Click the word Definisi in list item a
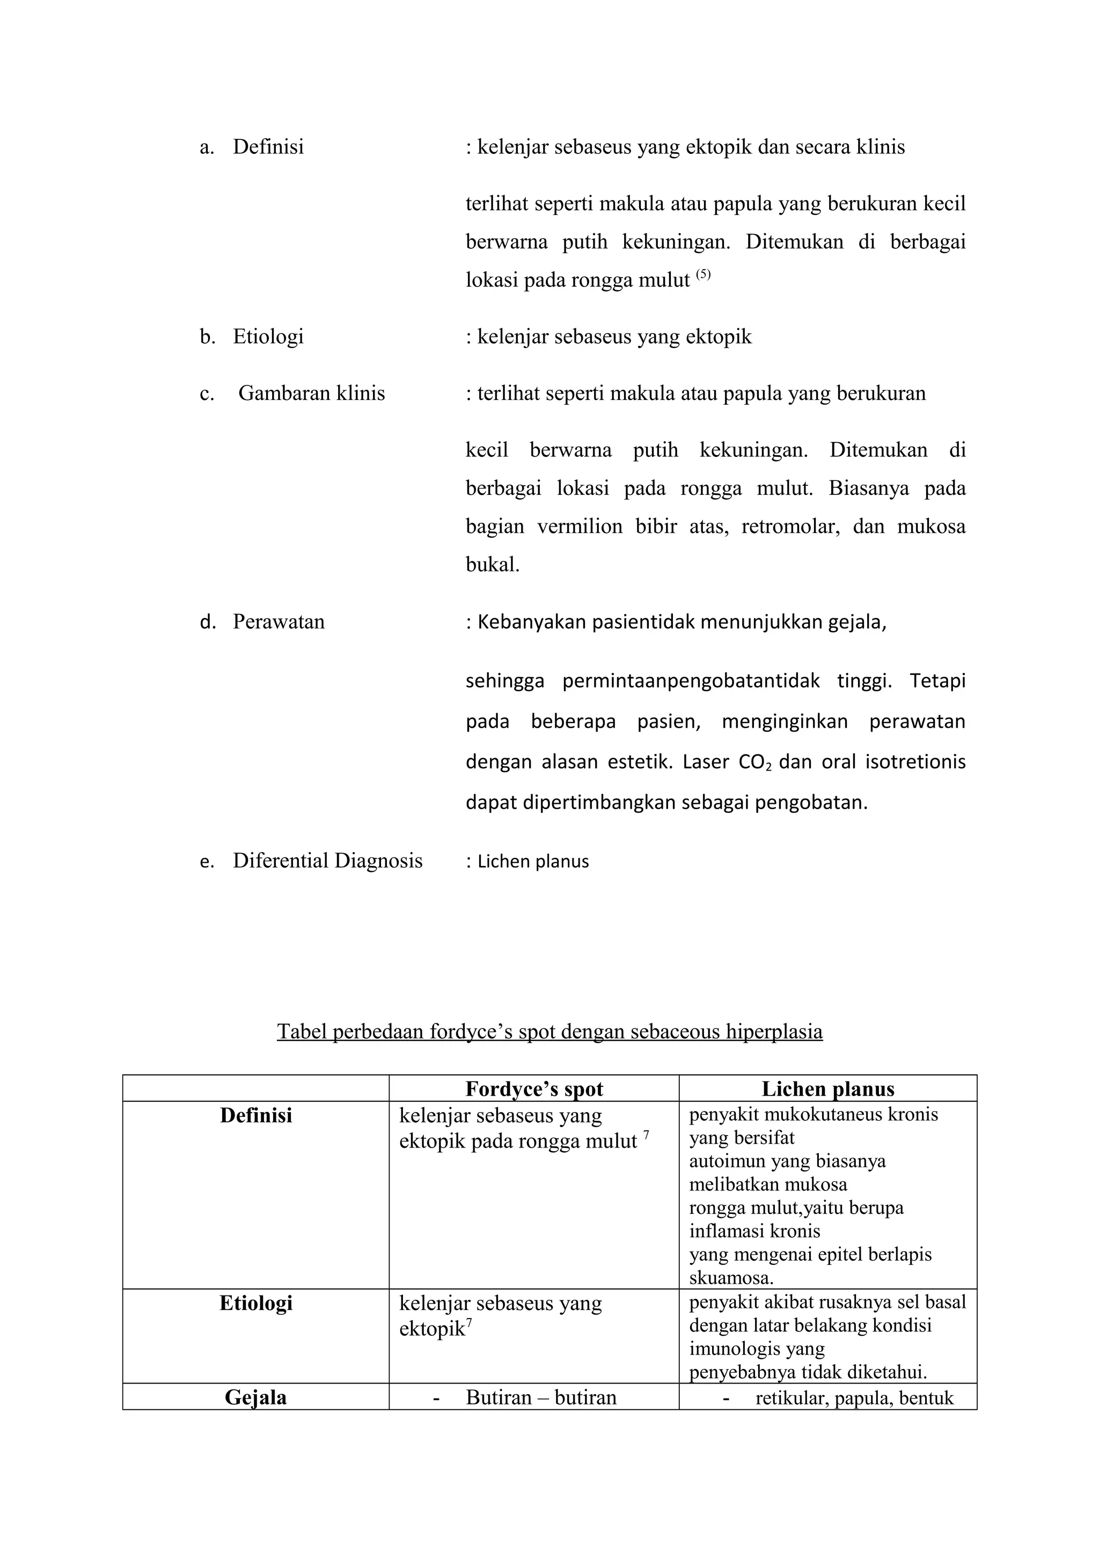[268, 147]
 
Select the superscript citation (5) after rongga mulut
[704, 274]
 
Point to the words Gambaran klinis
[311, 393]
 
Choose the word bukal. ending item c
[492, 565]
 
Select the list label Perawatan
[279, 621]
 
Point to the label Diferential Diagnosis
[328, 861]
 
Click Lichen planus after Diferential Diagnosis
[533, 862]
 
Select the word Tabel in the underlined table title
[302, 1032]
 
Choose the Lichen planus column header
[827, 1089]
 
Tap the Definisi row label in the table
[256, 1115]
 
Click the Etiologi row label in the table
[256, 1303]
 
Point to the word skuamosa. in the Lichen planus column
[731, 1278]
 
